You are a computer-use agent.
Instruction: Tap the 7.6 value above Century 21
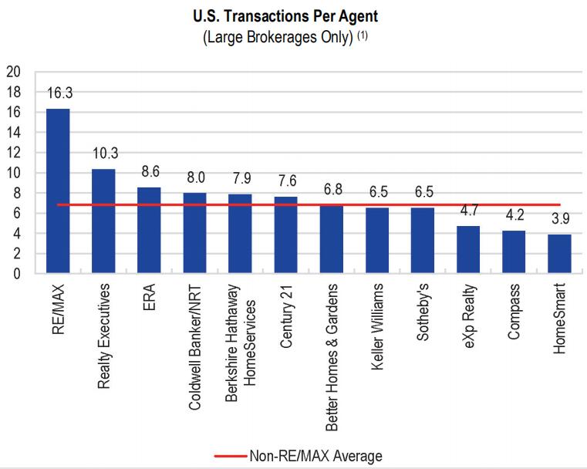coord(285,183)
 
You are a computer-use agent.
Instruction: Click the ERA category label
coord(150,295)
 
